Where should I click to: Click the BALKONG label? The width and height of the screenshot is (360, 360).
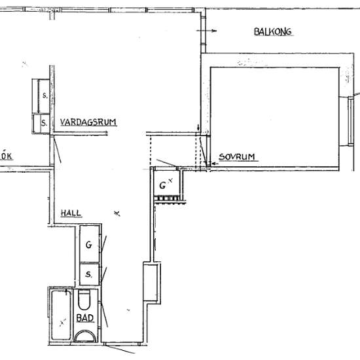[273, 31]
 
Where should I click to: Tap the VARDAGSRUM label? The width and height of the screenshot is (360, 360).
[88, 122]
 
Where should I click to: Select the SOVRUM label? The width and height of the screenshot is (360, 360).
[237, 157]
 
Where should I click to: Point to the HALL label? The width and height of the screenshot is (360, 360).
[71, 213]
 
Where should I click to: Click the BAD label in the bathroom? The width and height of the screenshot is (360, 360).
[84, 318]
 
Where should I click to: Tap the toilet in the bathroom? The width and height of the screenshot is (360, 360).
[84, 300]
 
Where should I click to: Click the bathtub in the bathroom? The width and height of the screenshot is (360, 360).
[61, 315]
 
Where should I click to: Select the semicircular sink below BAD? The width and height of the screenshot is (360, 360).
[84, 336]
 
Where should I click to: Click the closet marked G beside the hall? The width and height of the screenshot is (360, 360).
[89, 244]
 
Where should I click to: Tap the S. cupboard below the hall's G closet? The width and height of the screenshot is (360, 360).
[89, 274]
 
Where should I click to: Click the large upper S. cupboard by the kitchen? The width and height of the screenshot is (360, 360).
[44, 96]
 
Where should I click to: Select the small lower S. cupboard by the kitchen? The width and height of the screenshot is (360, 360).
[41, 124]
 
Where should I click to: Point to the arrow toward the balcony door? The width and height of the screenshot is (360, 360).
[206, 31]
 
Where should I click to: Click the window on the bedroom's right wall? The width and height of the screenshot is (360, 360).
[350, 121]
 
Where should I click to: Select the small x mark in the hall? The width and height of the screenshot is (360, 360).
[117, 213]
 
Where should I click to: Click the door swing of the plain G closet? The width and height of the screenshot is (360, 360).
[103, 244]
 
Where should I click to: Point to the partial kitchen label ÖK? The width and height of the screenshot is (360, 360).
[6, 156]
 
